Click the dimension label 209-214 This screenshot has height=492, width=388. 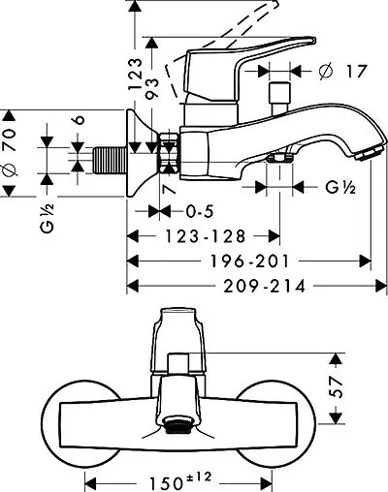click(265, 287)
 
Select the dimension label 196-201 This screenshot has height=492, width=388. click(249, 261)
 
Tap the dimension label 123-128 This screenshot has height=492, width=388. click(206, 236)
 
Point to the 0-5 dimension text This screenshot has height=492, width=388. click(200, 212)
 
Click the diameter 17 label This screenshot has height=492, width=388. click(342, 71)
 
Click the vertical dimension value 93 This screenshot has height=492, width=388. click(152, 88)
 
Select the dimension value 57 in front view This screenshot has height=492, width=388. click(337, 387)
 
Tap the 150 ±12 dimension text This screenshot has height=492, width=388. click(180, 480)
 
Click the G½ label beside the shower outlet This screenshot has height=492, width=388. click(340, 187)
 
